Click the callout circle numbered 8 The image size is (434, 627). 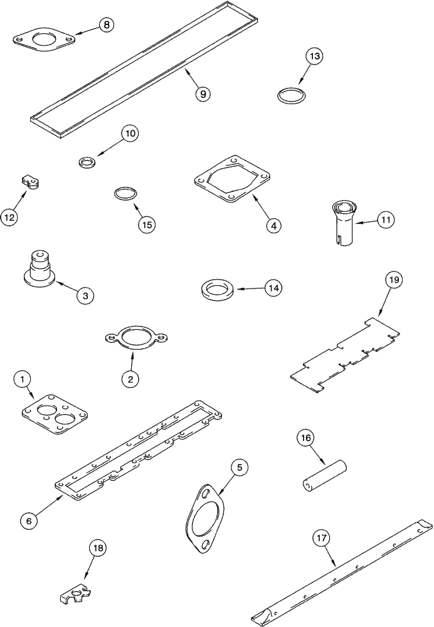click(106, 25)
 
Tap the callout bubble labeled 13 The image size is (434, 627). click(315, 56)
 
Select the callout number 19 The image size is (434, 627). click(393, 280)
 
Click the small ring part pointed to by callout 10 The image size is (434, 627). click(87, 162)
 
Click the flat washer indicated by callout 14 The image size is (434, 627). click(216, 290)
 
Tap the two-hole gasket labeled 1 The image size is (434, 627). click(54, 414)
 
